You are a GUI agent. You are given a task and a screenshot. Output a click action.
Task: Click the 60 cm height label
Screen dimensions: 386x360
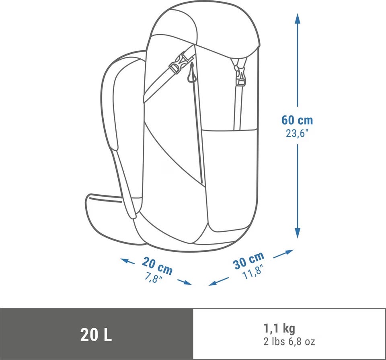pyautogui.click(x=297, y=120)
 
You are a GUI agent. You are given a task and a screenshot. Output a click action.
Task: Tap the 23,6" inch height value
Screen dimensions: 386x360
pyautogui.click(x=297, y=134)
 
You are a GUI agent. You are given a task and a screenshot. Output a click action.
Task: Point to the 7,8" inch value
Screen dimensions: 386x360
pyautogui.click(x=153, y=278)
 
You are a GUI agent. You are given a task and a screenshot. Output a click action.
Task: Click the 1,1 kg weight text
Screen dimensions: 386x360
pyautogui.click(x=279, y=328)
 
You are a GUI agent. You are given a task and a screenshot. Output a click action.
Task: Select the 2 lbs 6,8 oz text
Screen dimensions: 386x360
pyautogui.click(x=289, y=342)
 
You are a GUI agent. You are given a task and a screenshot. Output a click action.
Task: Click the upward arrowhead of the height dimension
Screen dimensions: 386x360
pyautogui.click(x=298, y=19)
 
